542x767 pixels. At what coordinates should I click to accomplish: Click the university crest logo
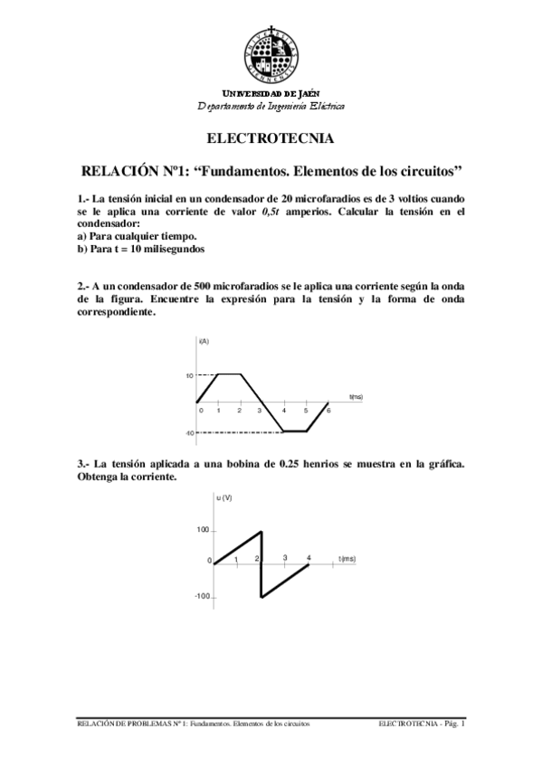[x=271, y=53]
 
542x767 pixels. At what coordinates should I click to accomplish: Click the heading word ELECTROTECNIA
[x=271, y=139]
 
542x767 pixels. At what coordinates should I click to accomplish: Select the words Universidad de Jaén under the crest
[x=271, y=94]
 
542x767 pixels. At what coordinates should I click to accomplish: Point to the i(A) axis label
[x=204, y=341]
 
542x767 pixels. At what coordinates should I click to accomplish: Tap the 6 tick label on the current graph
[x=328, y=411]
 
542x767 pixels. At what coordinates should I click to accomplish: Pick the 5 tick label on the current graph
[x=306, y=411]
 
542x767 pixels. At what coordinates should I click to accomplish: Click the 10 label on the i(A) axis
[x=190, y=374]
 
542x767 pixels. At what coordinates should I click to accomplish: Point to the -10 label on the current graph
[x=190, y=433]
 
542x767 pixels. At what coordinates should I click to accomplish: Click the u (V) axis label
[x=224, y=498]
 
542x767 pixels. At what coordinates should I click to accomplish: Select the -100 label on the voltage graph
[x=202, y=596]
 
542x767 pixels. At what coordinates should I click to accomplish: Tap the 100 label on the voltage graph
[x=204, y=530]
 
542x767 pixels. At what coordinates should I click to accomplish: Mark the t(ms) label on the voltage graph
[x=347, y=560]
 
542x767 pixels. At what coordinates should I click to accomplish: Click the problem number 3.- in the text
[x=84, y=465]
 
